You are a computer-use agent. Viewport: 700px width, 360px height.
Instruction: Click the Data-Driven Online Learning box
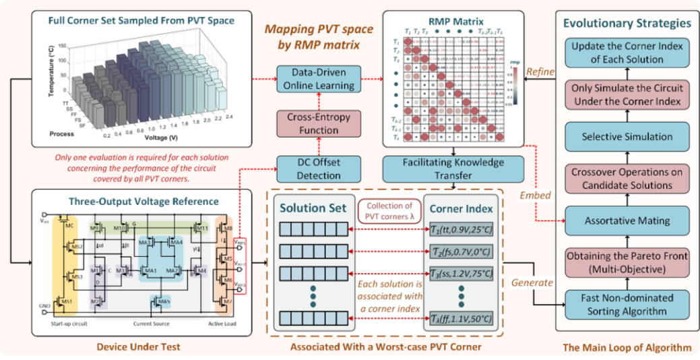click(x=319, y=79)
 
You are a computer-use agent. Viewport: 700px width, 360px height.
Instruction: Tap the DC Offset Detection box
click(x=319, y=168)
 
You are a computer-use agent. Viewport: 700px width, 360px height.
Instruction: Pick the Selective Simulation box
click(x=627, y=136)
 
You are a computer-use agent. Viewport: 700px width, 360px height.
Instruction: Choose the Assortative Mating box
click(x=627, y=220)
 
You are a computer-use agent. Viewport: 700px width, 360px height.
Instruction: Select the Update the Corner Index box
click(x=627, y=53)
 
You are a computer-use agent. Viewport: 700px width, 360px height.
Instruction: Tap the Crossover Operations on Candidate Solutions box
click(x=627, y=178)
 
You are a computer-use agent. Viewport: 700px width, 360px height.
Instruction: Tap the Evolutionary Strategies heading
click(x=627, y=23)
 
